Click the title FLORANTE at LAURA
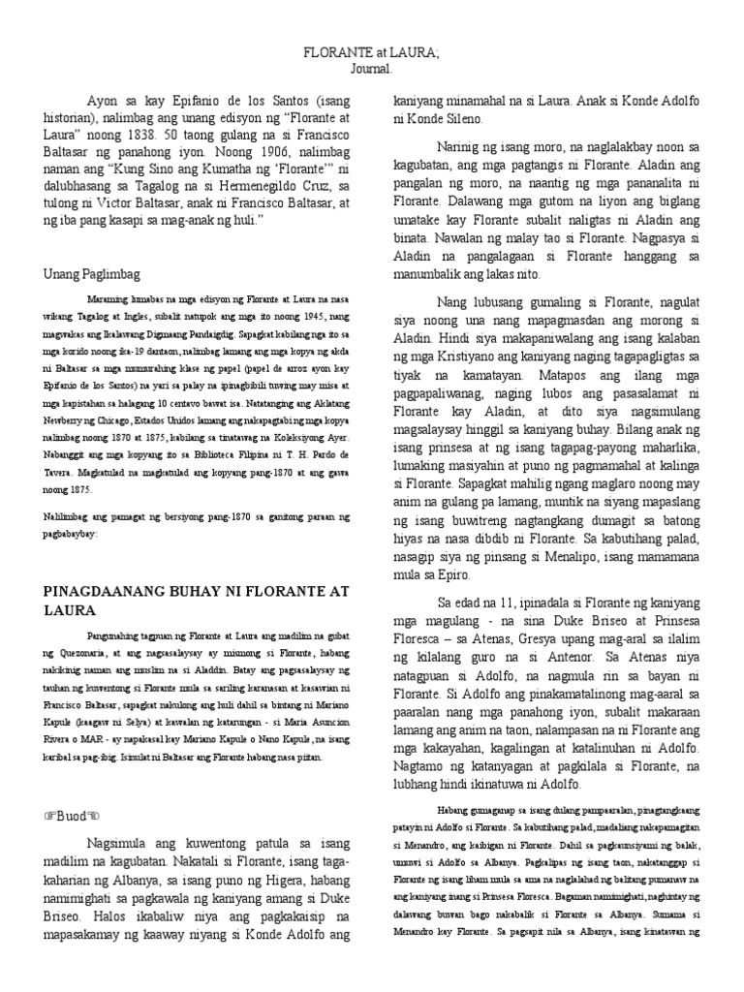pyautogui.click(x=372, y=51)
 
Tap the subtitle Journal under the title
pyautogui.click(x=372, y=69)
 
